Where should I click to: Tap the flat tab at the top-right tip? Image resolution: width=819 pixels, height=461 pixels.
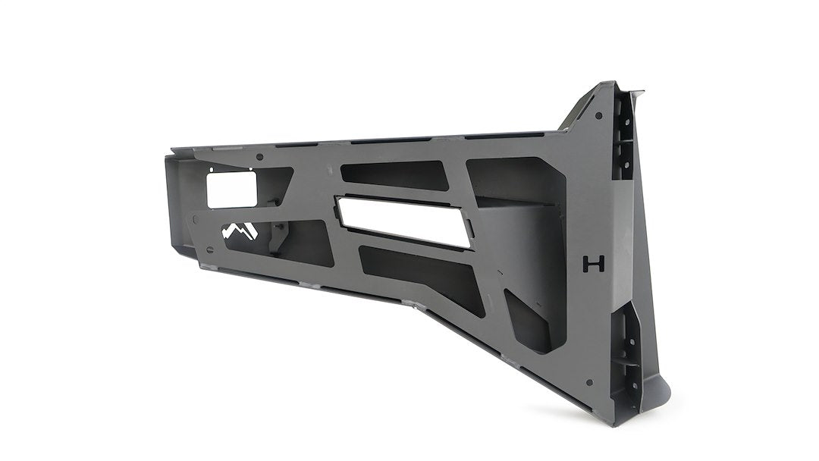coord(635,93)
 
